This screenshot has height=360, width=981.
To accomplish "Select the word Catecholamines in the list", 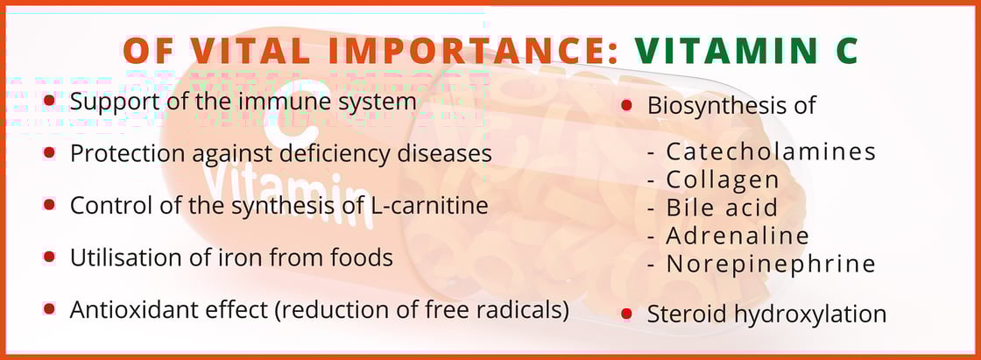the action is pyautogui.click(x=771, y=152).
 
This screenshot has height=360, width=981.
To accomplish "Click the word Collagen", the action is pyautogui.click(x=723, y=180).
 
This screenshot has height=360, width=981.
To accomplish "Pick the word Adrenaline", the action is pyautogui.click(x=738, y=236).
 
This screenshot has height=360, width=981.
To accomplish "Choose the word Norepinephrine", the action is pyautogui.click(x=771, y=265).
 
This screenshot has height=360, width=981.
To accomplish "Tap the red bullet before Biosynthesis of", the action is pyautogui.click(x=626, y=105).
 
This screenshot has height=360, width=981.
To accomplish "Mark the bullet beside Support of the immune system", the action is pyautogui.click(x=49, y=100).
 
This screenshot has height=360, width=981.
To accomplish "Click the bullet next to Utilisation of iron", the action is pyautogui.click(x=49, y=256).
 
